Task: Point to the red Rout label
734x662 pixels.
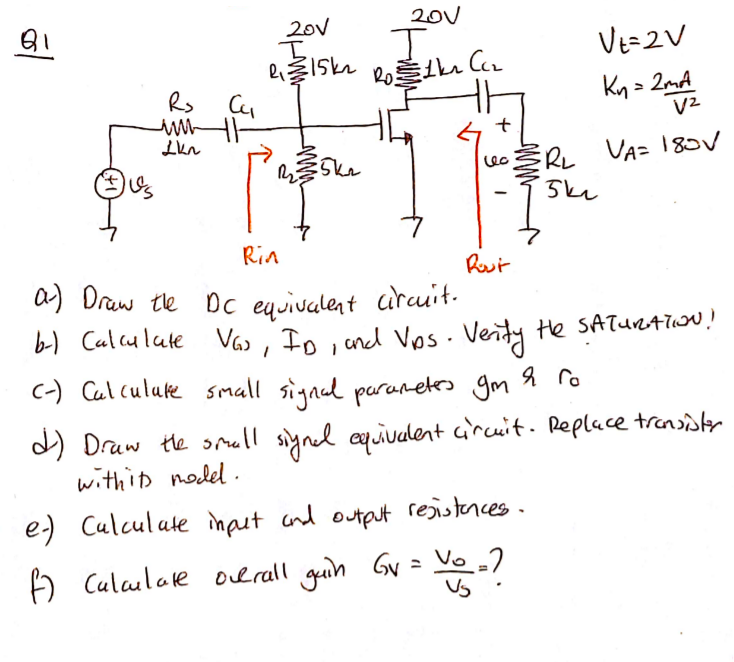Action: (x=486, y=263)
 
